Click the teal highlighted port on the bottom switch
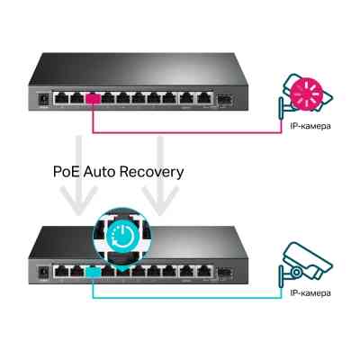(x=91, y=268)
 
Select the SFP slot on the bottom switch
(x=224, y=268)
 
